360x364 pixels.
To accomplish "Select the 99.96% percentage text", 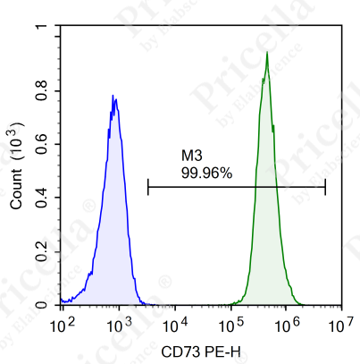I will click(x=206, y=174).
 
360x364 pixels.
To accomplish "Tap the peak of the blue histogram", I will click(x=113, y=95).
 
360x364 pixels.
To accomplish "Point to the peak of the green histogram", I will click(x=267, y=52).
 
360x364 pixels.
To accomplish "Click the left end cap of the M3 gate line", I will click(x=148, y=187).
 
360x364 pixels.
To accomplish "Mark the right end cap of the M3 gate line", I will click(x=325, y=187).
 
